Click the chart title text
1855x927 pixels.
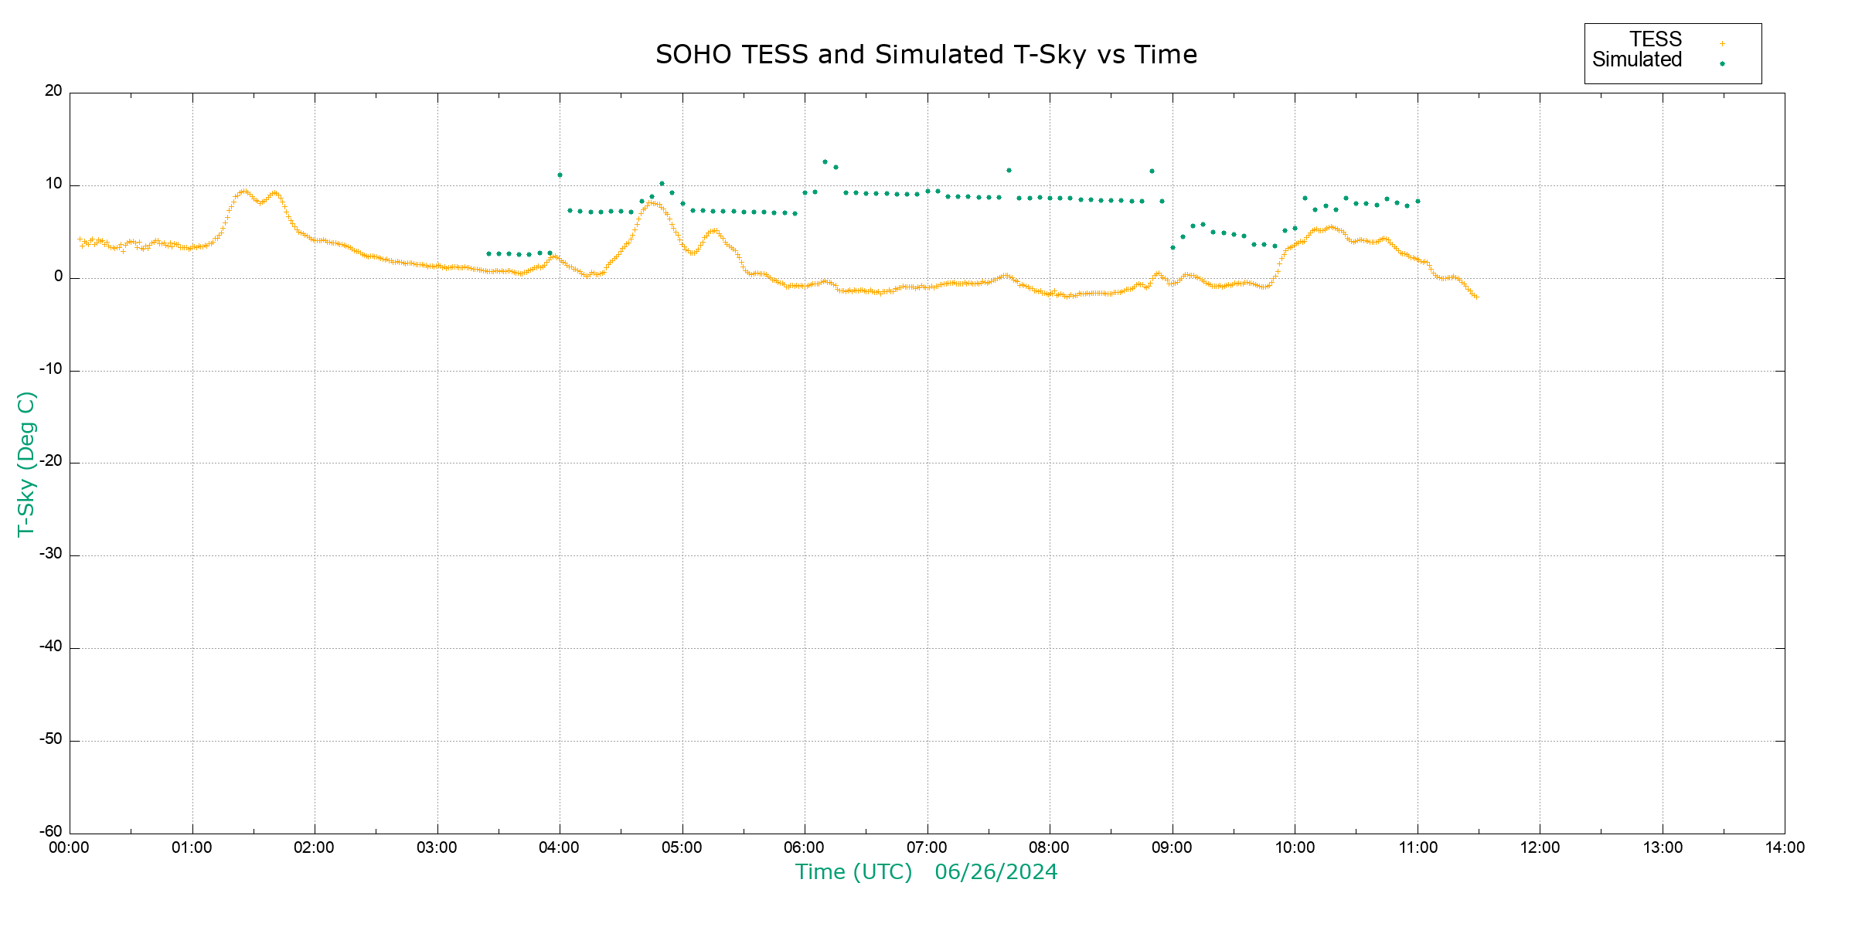[x=926, y=55]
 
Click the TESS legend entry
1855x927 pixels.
[x=1656, y=39]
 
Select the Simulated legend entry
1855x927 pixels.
[x=1637, y=60]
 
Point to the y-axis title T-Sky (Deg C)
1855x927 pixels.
[x=26, y=463]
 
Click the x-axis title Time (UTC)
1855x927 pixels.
[x=853, y=872]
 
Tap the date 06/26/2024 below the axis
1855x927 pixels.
[x=996, y=872]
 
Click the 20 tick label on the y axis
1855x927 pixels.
[x=53, y=91]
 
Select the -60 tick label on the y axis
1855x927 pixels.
[x=51, y=832]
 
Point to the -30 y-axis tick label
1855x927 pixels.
[x=51, y=554]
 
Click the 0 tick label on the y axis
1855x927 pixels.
[x=59, y=277]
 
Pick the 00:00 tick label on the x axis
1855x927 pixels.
[x=70, y=847]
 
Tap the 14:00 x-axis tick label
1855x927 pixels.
[x=1785, y=847]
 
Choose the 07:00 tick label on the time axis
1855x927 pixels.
[x=927, y=847]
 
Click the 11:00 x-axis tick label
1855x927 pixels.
[x=1418, y=847]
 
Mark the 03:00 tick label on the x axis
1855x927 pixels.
[x=437, y=847]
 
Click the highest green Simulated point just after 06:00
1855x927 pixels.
[x=825, y=162]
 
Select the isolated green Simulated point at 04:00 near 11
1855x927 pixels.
[x=560, y=175]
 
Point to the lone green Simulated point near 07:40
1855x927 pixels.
[x=1009, y=170]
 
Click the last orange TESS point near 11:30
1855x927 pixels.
[x=1476, y=297]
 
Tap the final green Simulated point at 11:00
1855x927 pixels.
[x=1418, y=202]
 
